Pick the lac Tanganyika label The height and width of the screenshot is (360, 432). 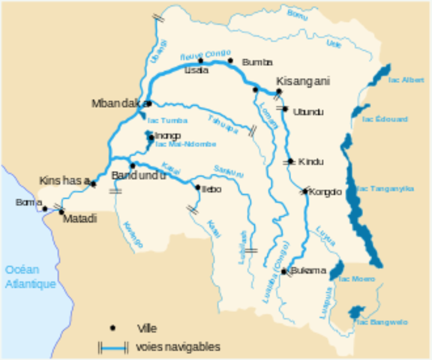pos(385,189)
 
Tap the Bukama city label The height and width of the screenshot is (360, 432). pos(308,270)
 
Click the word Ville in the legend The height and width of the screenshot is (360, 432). pos(147,328)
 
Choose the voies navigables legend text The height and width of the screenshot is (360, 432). pos(178,347)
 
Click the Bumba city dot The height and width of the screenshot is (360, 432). pos(232,61)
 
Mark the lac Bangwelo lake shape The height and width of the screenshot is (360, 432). pos(356,312)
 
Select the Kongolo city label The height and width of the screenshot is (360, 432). pos(325,192)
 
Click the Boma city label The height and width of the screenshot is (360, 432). pos(24,202)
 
